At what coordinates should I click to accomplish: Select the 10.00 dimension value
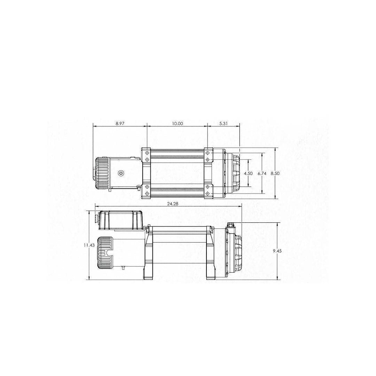pyautogui.click(x=178, y=124)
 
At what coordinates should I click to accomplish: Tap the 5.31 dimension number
pyautogui.click(x=224, y=124)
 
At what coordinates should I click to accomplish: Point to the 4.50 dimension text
pyautogui.click(x=248, y=173)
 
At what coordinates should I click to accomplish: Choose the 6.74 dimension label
pyautogui.click(x=262, y=173)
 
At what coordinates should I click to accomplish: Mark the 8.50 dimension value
pyautogui.click(x=275, y=173)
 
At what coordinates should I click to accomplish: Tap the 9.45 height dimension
pyautogui.click(x=277, y=251)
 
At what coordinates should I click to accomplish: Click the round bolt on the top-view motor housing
pyautogui.click(x=121, y=173)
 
